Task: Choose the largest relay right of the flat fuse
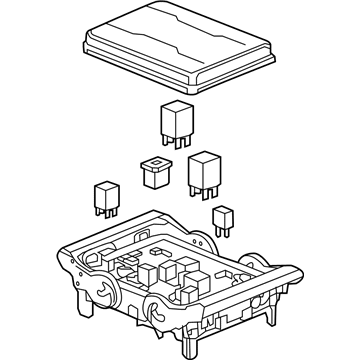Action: click(x=204, y=170)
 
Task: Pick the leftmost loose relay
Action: click(x=107, y=194)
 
